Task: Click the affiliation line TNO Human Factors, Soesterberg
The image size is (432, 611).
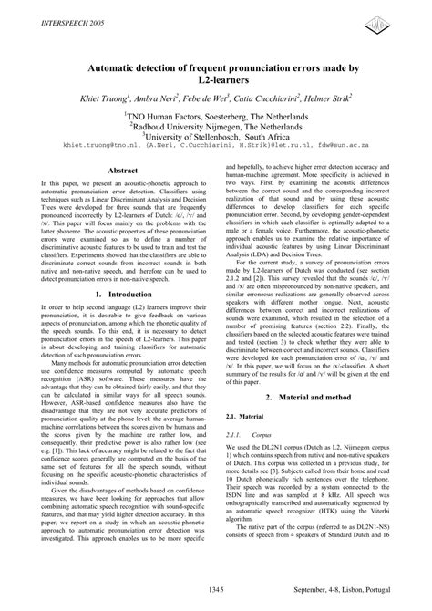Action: (x=215, y=119)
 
